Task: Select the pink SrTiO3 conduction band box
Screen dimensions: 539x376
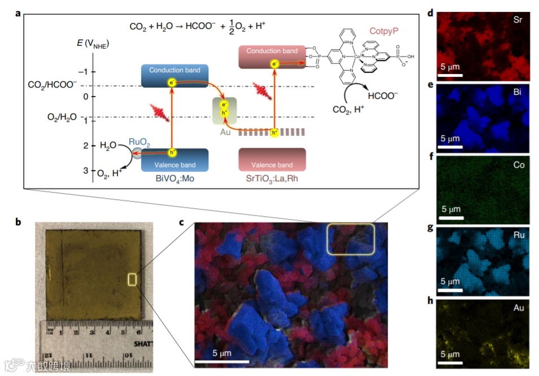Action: coord(272,57)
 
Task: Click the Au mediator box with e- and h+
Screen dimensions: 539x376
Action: coord(224,111)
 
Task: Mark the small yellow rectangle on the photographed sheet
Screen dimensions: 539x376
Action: coord(133,279)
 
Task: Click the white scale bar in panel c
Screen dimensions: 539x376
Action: coord(222,361)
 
